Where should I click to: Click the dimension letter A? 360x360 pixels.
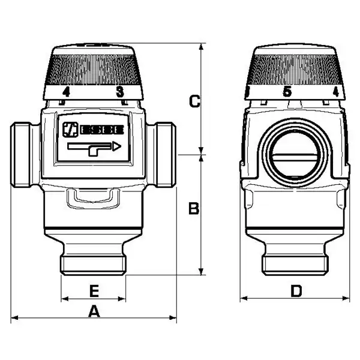coord(94,311)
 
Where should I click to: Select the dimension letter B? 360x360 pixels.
coord(194,208)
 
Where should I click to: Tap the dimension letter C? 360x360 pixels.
coord(194,101)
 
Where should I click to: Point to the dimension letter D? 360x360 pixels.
coord(296,291)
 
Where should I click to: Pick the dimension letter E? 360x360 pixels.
coord(94,291)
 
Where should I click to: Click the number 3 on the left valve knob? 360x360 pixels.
coord(120,92)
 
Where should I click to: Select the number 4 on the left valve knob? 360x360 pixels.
coord(66,92)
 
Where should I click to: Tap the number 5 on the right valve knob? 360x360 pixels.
coord(287,92)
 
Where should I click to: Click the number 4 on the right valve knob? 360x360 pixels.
coord(336,92)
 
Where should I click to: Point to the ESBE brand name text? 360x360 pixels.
coord(102,130)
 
